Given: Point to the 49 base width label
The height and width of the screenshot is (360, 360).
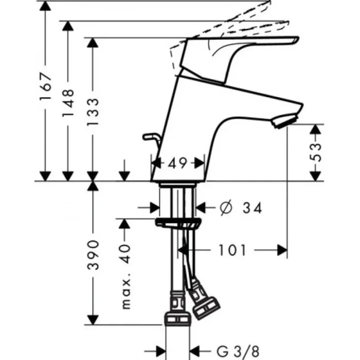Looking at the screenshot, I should click(177, 163).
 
